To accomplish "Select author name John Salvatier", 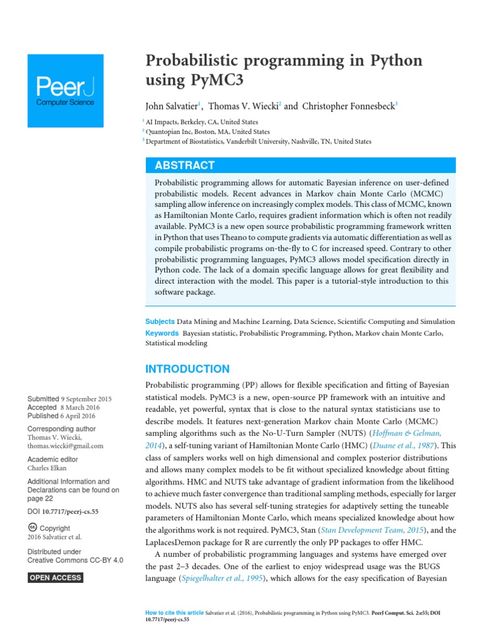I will point(171,106).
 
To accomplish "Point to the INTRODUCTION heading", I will point(187,369).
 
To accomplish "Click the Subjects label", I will point(160,321).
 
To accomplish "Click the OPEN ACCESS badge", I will point(55,577).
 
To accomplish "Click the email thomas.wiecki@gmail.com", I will point(65,446).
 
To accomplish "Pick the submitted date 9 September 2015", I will point(86,399).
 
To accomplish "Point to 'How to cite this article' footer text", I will point(174,612).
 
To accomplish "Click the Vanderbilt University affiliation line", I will point(259,142).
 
